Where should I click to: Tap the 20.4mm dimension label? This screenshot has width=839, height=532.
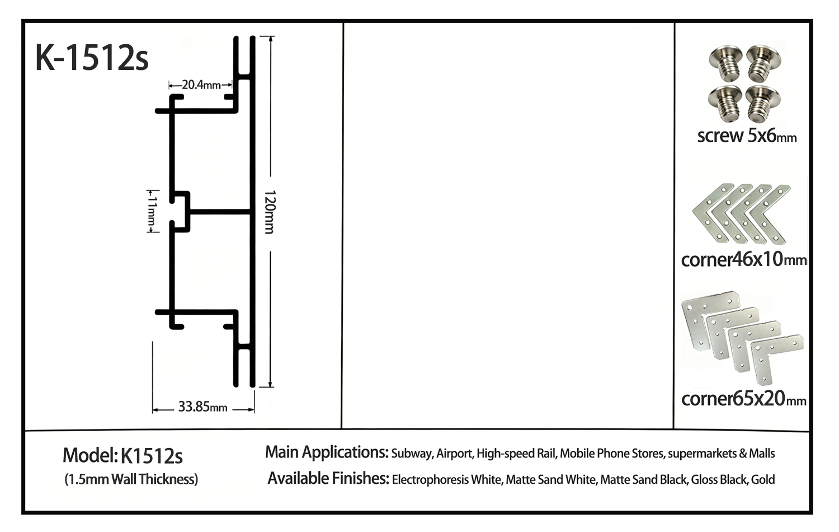[x=201, y=85]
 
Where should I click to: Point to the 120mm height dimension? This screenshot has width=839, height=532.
[x=270, y=212]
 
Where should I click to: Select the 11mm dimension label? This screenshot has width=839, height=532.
[x=152, y=212]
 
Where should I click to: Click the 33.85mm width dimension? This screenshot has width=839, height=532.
[x=202, y=407]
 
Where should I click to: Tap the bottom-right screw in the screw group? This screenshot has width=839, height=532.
[x=762, y=104]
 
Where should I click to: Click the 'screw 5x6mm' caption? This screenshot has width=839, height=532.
[x=747, y=136]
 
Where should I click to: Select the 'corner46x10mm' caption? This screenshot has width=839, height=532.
[x=743, y=259]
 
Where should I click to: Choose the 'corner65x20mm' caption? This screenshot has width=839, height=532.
[x=743, y=398]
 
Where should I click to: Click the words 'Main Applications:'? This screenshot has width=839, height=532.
[x=327, y=452]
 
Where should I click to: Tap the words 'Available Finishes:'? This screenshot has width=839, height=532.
[x=328, y=478]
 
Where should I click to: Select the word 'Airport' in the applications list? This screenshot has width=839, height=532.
[x=454, y=454]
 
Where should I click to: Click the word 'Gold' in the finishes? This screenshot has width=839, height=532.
[x=763, y=479]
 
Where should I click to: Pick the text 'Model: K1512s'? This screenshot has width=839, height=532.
[x=122, y=456]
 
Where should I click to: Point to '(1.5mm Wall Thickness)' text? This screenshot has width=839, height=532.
[x=131, y=479]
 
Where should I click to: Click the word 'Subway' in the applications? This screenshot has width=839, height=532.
[x=412, y=454]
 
